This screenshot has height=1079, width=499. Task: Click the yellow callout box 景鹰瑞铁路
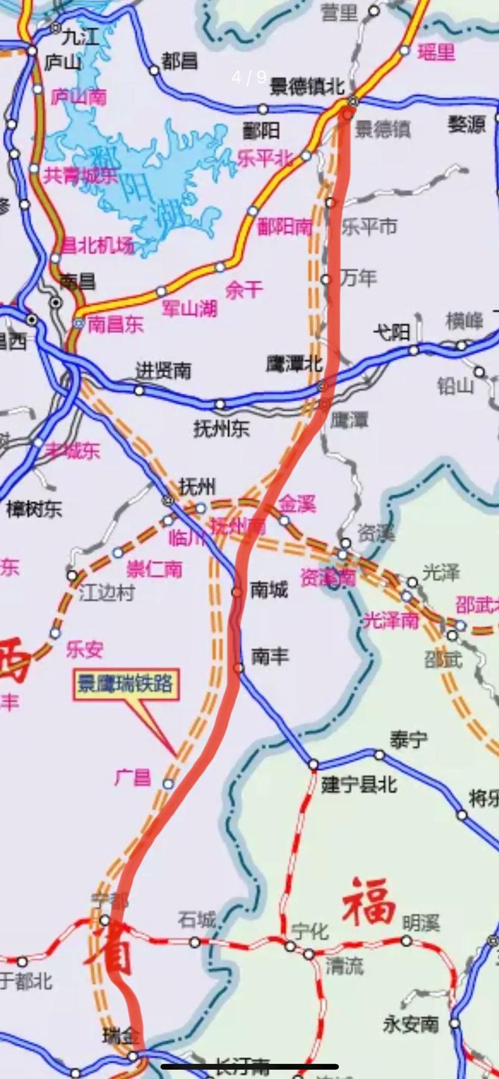(125, 685)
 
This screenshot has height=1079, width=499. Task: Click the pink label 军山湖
(189, 307)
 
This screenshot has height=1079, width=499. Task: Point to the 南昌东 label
(115, 324)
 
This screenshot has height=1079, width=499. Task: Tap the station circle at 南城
(237, 592)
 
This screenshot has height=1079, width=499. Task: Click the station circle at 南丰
(239, 668)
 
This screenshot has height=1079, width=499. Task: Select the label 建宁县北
(359, 784)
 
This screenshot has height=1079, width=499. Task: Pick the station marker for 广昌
(168, 784)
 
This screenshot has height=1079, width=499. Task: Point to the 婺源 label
(466, 125)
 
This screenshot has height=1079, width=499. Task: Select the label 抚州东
(221, 428)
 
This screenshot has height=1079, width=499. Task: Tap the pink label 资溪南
(327, 578)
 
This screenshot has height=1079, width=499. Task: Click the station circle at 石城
(195, 942)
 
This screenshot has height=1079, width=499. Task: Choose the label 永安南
(410, 1024)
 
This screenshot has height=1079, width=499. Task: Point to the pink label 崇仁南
(154, 569)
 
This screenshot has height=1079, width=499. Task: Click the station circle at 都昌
(154, 70)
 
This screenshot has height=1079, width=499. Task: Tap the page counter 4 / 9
(249, 77)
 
